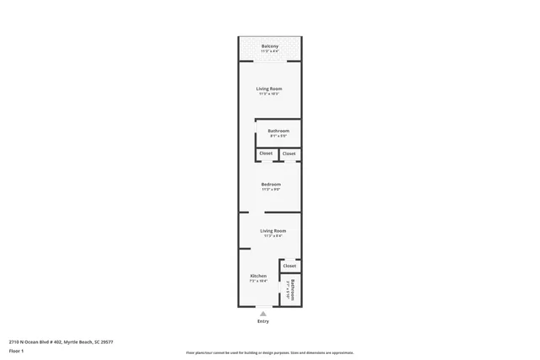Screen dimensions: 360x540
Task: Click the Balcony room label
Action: (x=270, y=46)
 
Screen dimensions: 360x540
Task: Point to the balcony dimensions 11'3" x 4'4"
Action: (x=270, y=51)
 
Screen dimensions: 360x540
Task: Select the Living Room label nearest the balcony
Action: (x=270, y=89)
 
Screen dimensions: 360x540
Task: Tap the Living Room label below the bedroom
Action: (x=273, y=230)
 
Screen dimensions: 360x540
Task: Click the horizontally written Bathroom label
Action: (x=278, y=131)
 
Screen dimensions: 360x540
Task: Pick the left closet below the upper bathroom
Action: (x=266, y=153)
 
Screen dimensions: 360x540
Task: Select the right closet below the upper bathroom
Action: (x=289, y=153)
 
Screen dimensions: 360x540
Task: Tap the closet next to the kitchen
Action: (x=289, y=266)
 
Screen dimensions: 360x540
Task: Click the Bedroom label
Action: (x=271, y=184)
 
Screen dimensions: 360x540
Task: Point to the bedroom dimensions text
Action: (x=271, y=190)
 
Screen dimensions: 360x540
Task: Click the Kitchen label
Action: (x=258, y=276)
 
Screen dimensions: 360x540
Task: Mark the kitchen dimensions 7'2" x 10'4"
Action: (x=258, y=281)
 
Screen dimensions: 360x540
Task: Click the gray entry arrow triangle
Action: (x=263, y=314)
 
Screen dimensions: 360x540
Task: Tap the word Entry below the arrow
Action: (x=263, y=322)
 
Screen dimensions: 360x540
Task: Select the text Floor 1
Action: (x=16, y=350)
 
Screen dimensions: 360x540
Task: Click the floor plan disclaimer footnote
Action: (x=270, y=353)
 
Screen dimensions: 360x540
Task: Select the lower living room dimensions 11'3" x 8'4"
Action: (x=273, y=236)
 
